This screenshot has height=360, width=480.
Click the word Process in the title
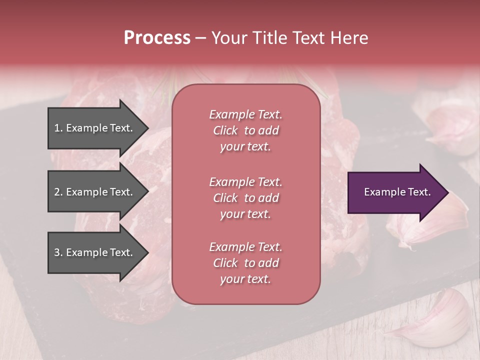click(157, 37)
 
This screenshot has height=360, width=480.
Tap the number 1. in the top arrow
click(58, 128)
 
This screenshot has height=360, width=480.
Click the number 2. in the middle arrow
click(58, 192)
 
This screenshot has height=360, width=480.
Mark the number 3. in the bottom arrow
click(58, 252)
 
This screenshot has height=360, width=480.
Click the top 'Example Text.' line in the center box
click(245, 114)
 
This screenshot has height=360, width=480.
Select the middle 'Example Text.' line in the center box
click(245, 181)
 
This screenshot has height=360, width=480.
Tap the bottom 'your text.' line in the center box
click(245, 279)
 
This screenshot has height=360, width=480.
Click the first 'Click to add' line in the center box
click(245, 130)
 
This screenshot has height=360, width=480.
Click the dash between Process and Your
click(200, 38)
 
